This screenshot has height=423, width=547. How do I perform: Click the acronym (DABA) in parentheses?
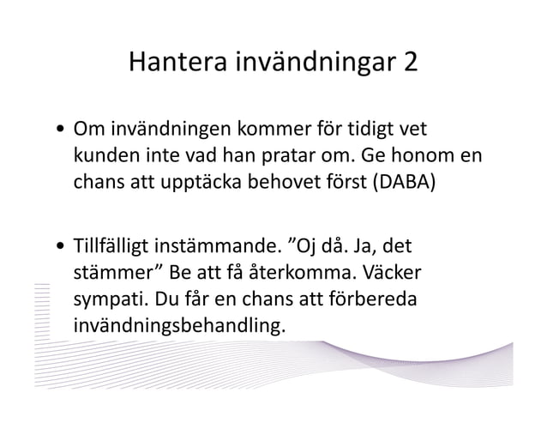click(402, 184)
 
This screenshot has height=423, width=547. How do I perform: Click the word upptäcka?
click(201, 185)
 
